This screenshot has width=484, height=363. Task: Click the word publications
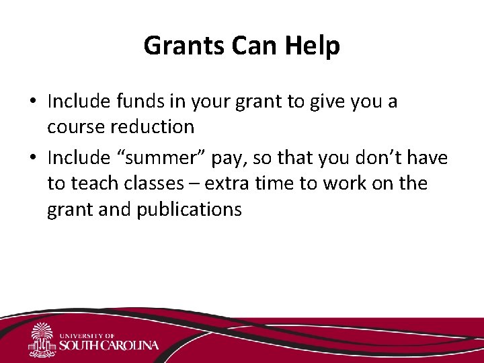coord(189,209)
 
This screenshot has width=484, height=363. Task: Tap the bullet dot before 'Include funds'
coord(32,102)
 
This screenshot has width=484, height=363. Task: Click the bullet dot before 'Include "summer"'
coord(32,159)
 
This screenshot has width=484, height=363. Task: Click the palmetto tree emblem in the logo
coord(41,339)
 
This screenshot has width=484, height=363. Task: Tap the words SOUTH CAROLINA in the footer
coord(109,346)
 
